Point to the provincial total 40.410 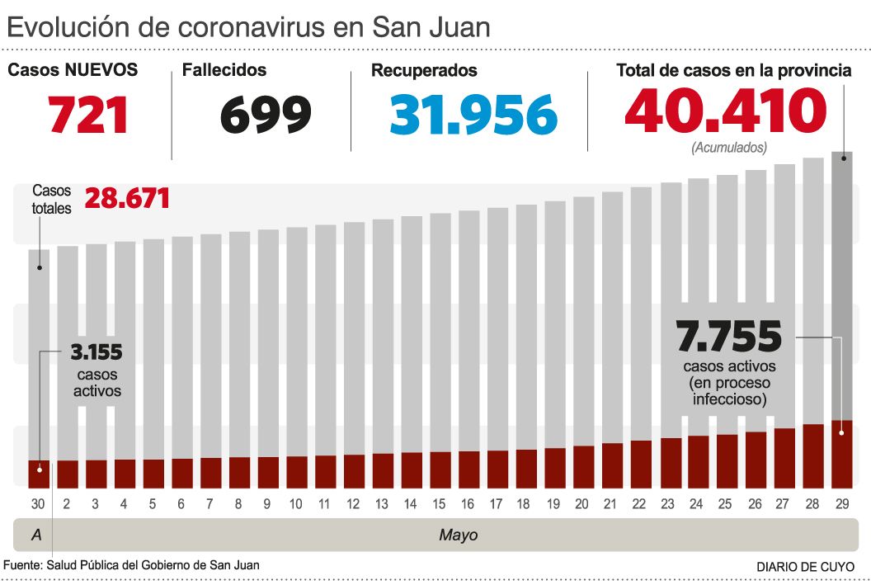click(x=725, y=111)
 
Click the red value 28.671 click(x=127, y=198)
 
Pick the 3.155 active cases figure click(x=97, y=353)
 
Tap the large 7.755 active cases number click(x=728, y=337)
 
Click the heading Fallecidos click(x=224, y=70)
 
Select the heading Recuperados click(x=424, y=70)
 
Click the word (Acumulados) click(x=729, y=148)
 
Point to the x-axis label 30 click(x=38, y=503)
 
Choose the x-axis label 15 click(x=439, y=503)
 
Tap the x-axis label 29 click(x=841, y=503)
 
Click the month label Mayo click(x=458, y=535)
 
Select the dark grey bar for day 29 click(x=841, y=281)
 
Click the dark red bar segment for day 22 click(x=641, y=464)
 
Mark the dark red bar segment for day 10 click(x=297, y=471)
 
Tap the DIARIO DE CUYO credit click(x=806, y=567)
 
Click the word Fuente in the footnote click(x=22, y=565)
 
